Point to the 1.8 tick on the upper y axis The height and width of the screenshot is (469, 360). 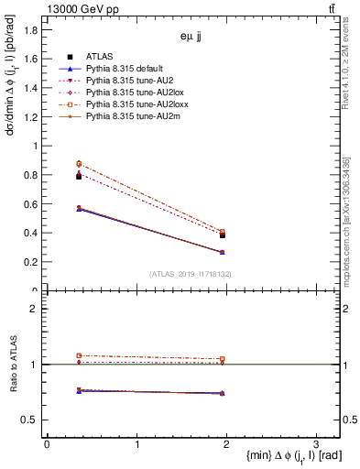(30, 29)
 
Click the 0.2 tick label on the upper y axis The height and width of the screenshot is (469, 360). (30, 262)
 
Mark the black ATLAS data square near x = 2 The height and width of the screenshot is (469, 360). (223, 235)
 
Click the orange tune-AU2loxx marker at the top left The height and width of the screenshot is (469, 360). (53, 164)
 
